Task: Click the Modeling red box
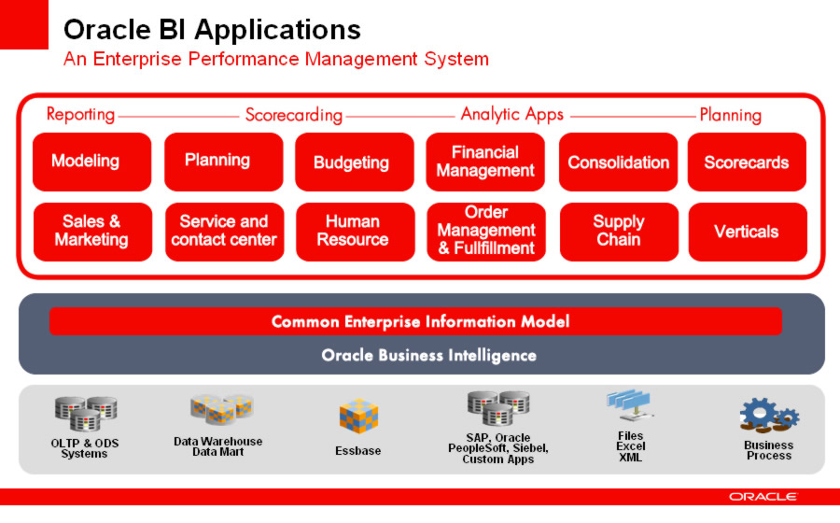(x=91, y=162)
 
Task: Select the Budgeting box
(x=354, y=162)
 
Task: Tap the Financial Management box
(x=485, y=162)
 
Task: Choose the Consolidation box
(x=618, y=162)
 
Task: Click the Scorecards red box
(x=747, y=162)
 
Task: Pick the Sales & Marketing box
(x=92, y=232)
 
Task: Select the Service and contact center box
(x=224, y=232)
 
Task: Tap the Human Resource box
(x=356, y=232)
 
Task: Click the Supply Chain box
(x=620, y=232)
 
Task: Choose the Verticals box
(x=748, y=232)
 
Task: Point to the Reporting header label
(x=80, y=115)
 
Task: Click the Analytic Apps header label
(x=512, y=114)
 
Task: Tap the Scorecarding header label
(x=294, y=115)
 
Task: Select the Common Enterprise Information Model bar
(x=415, y=321)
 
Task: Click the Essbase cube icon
(x=358, y=416)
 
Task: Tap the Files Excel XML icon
(x=630, y=405)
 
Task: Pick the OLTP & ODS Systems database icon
(x=86, y=414)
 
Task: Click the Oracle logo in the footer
(x=763, y=497)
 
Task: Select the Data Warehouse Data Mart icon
(x=222, y=409)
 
